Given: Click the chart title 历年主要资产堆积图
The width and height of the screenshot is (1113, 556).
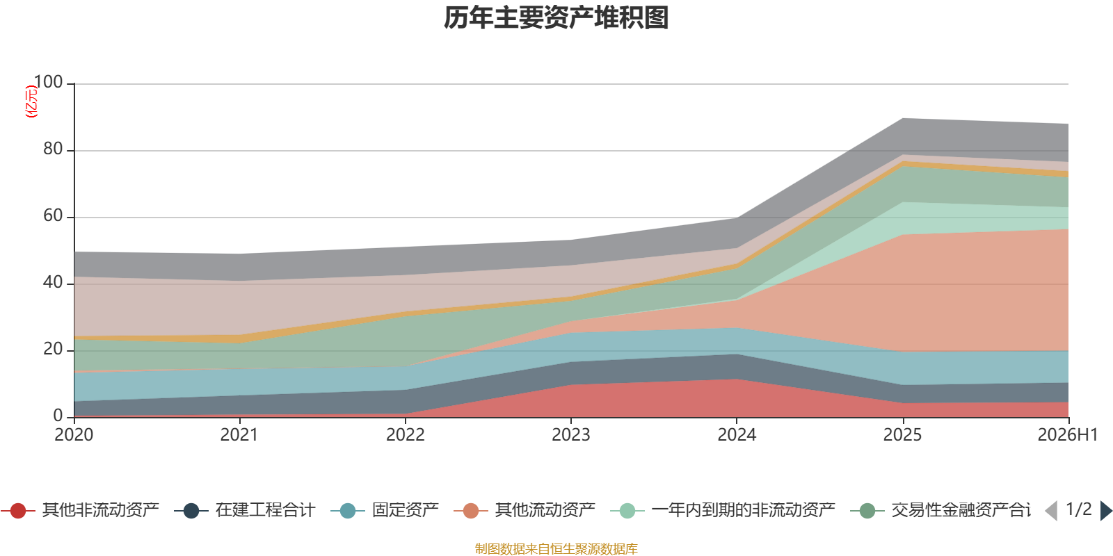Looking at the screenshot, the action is (556, 18).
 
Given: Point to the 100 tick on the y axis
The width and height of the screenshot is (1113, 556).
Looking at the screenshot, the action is (48, 82).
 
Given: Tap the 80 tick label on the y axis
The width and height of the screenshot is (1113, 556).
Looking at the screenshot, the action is (53, 149).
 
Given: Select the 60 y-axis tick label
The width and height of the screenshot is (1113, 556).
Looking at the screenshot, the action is (53, 215).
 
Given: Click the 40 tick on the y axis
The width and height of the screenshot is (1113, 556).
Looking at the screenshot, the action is (53, 282).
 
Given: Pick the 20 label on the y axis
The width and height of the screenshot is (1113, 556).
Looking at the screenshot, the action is (53, 349).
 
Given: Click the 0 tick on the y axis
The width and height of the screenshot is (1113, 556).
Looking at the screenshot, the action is (58, 416).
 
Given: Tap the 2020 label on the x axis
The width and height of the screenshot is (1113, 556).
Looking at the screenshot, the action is (74, 435).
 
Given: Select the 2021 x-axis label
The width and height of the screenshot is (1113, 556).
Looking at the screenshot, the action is (239, 435).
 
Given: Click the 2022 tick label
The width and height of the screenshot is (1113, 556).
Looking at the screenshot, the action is (406, 435).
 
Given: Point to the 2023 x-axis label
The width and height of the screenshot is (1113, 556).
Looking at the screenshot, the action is (571, 435).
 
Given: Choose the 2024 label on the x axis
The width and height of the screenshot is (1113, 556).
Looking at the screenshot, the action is (737, 435).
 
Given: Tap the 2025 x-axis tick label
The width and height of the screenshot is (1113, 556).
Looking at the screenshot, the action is (902, 435).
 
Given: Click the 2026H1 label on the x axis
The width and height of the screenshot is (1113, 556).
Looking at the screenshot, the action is (1068, 435).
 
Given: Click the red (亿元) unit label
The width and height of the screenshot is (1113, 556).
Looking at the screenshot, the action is (31, 101).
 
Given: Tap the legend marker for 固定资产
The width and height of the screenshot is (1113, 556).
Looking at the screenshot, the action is (348, 510).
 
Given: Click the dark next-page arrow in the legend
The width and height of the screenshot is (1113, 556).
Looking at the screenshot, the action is (1106, 510).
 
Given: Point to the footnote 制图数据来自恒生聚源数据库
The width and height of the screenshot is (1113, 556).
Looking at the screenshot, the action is (556, 548).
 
